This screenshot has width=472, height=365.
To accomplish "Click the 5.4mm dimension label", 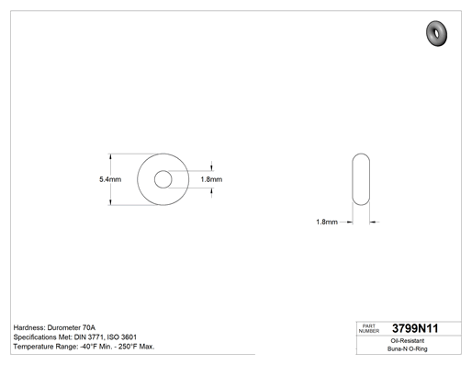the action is pyautogui.click(x=110, y=179).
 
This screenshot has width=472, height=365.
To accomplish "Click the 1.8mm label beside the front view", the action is pyautogui.click(x=211, y=179).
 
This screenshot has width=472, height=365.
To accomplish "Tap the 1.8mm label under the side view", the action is pyautogui.click(x=327, y=222).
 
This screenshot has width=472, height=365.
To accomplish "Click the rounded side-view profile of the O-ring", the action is pyautogui.click(x=353, y=179).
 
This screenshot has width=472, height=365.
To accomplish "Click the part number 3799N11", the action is pyautogui.click(x=415, y=328).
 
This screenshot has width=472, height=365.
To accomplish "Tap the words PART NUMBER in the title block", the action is pyautogui.click(x=369, y=328).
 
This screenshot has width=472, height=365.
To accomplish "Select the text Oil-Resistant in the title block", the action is pyautogui.click(x=408, y=341).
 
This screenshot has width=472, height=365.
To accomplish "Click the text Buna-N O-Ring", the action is pyautogui.click(x=408, y=348).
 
